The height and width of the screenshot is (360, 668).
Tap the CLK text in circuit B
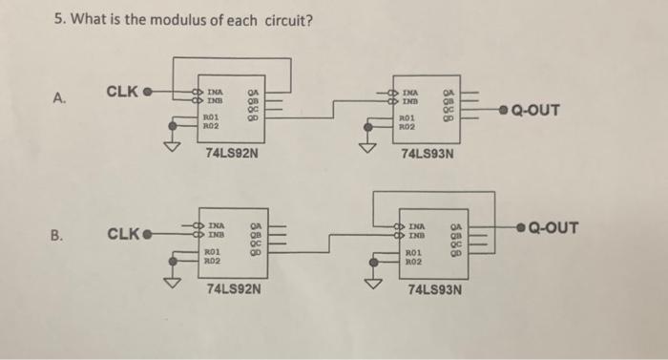(x=123, y=233)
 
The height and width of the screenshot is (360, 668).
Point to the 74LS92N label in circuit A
(x=232, y=152)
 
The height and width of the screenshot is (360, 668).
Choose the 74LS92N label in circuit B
(x=234, y=286)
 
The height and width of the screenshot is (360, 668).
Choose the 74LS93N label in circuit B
(x=434, y=287)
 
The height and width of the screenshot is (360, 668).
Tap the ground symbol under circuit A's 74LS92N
(x=173, y=146)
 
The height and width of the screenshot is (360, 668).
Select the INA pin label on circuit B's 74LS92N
(x=217, y=225)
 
